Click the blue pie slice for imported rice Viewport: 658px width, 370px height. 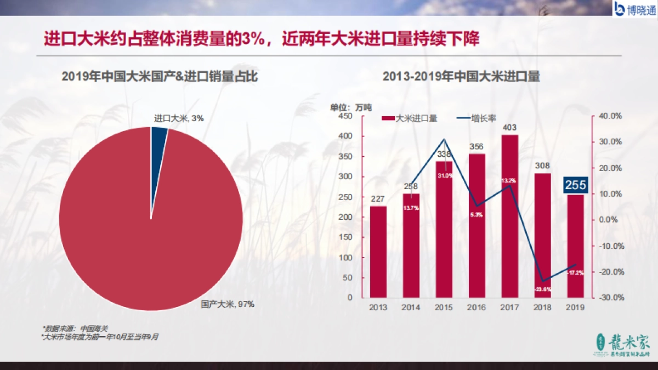(158, 137)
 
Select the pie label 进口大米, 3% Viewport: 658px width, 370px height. (179, 118)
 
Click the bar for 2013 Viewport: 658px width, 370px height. (378, 252)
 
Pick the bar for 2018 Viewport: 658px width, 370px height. (542, 236)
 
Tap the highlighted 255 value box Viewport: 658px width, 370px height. (575, 185)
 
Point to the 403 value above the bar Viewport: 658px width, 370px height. (509, 128)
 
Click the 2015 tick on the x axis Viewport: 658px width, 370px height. (444, 308)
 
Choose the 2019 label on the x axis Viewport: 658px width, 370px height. (575, 308)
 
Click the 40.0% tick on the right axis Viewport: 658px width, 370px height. (610, 116)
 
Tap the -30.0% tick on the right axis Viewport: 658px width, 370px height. (610, 297)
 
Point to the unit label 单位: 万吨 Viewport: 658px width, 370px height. (350, 107)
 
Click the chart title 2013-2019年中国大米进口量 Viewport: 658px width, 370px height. (461, 77)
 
